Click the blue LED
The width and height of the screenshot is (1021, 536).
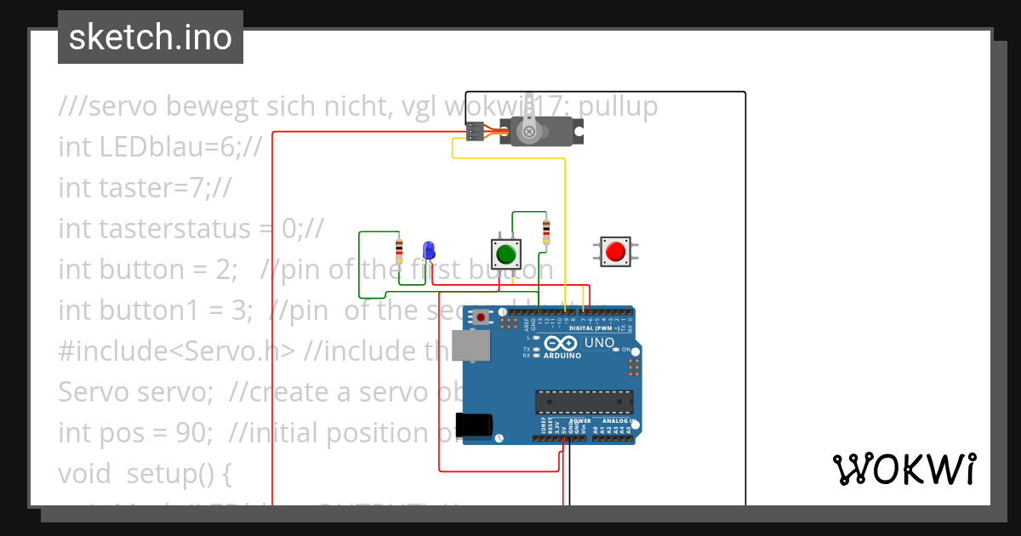coord(429,251)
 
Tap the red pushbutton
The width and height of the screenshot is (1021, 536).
coord(615,251)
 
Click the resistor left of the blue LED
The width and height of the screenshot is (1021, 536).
coord(399,250)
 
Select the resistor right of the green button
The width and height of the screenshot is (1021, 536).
coord(545,231)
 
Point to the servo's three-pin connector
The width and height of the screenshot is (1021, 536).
coord(475,132)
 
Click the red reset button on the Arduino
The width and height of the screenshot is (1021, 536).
coord(482,317)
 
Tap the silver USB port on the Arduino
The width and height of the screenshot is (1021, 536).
coord(471,345)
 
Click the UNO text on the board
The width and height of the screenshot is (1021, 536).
coord(600,343)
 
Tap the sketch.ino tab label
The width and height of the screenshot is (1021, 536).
coord(151,37)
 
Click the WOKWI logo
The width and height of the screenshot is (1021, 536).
coord(904,469)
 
